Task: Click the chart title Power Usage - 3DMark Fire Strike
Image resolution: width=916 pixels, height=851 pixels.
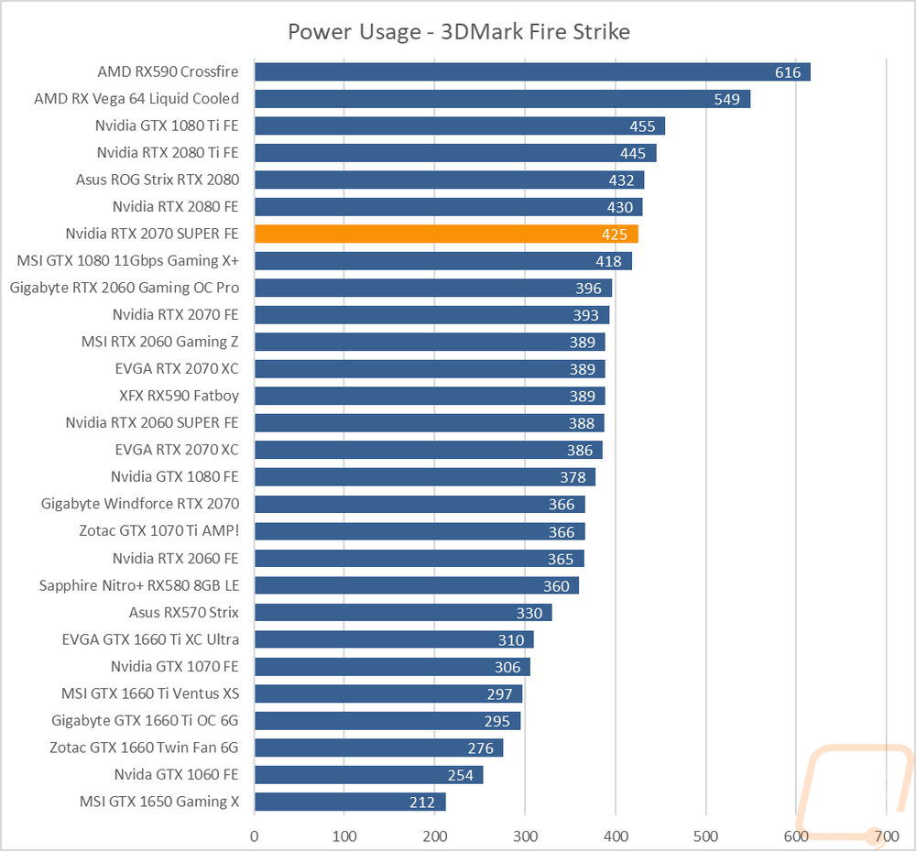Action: (459, 31)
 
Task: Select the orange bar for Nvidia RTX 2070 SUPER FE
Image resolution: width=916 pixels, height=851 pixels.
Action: (446, 234)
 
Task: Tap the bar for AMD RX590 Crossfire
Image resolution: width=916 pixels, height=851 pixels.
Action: (532, 71)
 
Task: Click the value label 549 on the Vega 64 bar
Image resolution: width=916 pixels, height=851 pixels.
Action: (726, 99)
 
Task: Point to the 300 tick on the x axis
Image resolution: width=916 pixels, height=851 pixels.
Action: (525, 836)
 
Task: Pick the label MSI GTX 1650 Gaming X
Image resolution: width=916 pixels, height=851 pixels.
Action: (159, 802)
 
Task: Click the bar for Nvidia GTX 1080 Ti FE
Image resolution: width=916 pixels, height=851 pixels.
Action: (460, 125)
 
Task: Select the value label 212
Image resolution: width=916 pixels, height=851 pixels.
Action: (421, 802)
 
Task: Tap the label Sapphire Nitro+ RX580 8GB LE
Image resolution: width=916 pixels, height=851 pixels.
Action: (139, 585)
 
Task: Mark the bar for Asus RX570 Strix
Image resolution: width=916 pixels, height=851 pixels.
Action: (403, 613)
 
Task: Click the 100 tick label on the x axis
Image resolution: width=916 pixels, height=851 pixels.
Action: (344, 836)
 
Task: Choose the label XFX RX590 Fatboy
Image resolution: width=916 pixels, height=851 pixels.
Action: (179, 396)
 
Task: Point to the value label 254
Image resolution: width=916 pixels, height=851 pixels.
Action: (461, 776)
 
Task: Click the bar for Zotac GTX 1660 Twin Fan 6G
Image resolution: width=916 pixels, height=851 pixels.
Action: (378, 747)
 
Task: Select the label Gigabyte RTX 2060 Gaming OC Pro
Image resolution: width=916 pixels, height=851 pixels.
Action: (125, 288)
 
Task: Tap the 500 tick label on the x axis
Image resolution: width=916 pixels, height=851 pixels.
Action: (705, 836)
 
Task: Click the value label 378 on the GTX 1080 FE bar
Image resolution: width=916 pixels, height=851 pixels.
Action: (572, 478)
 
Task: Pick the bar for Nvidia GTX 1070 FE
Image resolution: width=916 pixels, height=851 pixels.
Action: (392, 667)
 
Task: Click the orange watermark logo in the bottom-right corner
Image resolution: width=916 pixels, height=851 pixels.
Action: (855, 794)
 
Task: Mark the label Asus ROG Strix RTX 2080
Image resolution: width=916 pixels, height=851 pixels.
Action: (158, 180)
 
